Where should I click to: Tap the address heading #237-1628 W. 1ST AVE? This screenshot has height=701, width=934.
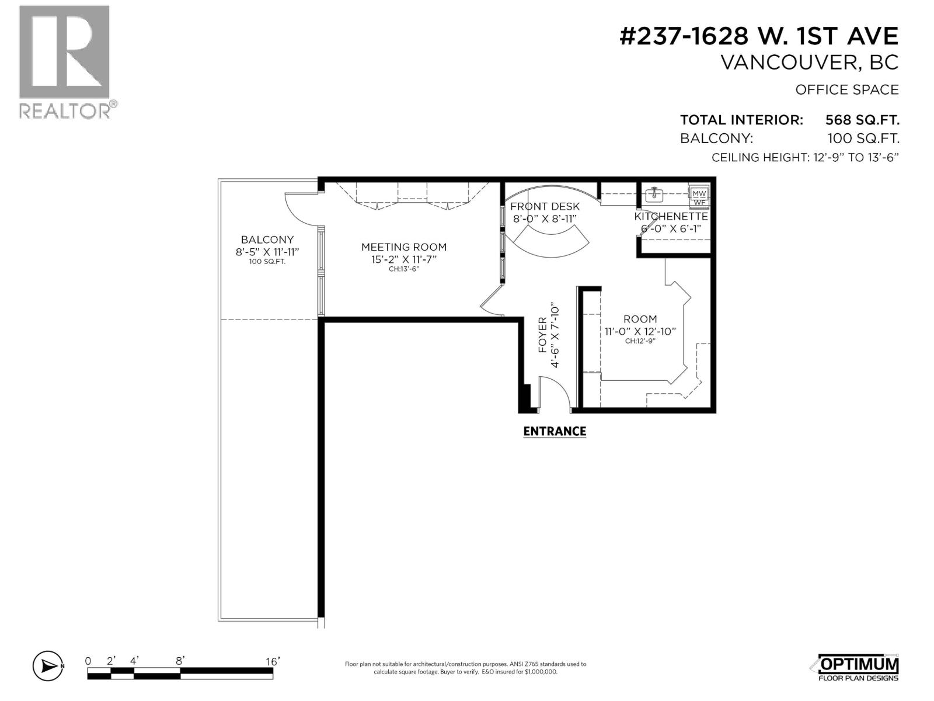tap(758, 37)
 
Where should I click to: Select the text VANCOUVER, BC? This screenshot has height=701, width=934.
tap(810, 63)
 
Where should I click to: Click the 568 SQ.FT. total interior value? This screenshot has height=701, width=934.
tap(862, 120)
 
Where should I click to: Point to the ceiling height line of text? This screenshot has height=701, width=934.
tap(804, 158)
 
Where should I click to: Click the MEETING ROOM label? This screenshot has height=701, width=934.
tap(403, 247)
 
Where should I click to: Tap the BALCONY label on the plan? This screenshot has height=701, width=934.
tap(267, 240)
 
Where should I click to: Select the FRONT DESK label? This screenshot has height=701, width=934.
tap(545, 206)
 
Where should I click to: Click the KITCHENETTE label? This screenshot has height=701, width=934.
tap(671, 217)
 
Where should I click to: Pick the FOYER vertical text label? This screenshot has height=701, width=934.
tap(543, 336)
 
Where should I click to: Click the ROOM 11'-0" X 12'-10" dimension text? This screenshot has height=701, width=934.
tap(640, 331)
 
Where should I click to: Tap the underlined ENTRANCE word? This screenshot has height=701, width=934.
tap(554, 432)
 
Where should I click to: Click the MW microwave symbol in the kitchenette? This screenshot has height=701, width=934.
tap(699, 193)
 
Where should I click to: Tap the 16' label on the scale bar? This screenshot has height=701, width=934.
tap(273, 661)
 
